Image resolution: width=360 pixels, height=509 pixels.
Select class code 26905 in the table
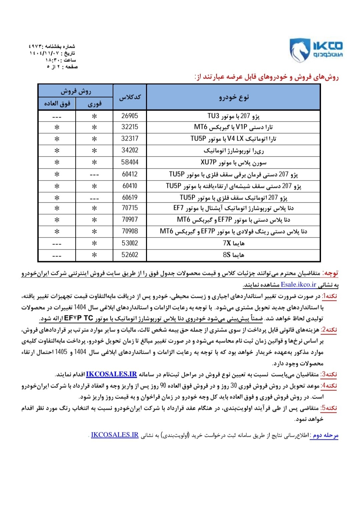click(x=130, y=116)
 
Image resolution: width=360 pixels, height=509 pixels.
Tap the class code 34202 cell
click(x=130, y=150)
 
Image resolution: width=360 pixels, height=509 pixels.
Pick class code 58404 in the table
click(x=130, y=162)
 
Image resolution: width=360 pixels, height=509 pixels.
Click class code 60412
click(x=130, y=174)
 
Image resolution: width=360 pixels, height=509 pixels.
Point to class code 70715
click(x=130, y=208)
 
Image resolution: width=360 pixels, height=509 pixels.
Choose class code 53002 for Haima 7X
click(x=130, y=243)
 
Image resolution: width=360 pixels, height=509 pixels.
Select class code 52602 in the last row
click(x=130, y=255)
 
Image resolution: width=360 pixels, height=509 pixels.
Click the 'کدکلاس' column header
click(x=130, y=97)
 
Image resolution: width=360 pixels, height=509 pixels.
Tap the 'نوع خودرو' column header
click(x=234, y=97)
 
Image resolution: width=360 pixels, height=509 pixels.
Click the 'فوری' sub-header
click(x=94, y=104)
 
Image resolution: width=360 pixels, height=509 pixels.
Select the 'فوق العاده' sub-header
click(x=57, y=104)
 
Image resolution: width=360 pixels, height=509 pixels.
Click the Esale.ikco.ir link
click(x=298, y=284)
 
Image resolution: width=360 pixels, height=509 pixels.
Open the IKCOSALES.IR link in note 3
click(x=111, y=374)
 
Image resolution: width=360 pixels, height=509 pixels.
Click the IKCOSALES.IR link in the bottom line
click(x=115, y=435)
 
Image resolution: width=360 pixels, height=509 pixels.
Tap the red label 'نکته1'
click(x=329, y=296)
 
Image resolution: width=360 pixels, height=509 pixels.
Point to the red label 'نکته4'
click(x=329, y=386)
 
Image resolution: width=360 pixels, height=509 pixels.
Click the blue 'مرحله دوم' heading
click(x=324, y=435)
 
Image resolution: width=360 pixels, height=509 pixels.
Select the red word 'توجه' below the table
click(x=331, y=273)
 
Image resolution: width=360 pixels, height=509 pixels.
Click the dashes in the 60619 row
click(x=94, y=198)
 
